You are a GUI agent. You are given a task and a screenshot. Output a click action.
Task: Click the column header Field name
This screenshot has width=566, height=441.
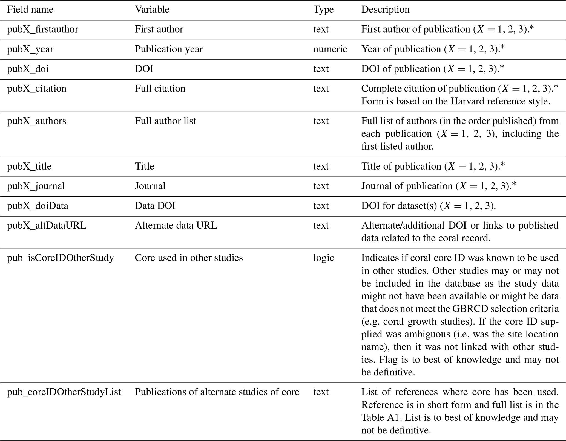coord(30,10)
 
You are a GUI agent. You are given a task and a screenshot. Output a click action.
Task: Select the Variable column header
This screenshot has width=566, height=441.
coord(152,10)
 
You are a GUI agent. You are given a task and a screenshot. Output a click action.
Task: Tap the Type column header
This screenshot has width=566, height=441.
coord(323,10)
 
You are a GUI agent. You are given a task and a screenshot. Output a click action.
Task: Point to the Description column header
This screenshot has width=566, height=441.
coord(385,10)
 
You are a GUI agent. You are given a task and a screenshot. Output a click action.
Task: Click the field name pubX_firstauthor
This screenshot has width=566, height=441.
coord(43,30)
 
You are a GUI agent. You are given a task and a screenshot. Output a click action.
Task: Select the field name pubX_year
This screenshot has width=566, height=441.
coord(30,49)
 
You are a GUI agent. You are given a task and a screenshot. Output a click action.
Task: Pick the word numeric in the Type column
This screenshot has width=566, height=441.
coord(330,49)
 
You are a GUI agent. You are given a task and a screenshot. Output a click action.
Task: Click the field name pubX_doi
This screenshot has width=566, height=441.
coord(28,69)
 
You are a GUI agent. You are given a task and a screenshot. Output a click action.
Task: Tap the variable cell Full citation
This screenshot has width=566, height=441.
coord(160,89)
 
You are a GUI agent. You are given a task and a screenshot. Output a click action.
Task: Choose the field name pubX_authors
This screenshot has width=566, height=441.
coord(37,121)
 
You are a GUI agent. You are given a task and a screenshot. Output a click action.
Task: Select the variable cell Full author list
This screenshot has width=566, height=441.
coord(165,121)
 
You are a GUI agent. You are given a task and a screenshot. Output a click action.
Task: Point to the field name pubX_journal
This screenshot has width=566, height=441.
coord(36,186)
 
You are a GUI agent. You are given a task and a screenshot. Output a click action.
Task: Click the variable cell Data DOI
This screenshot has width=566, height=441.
coord(155,206)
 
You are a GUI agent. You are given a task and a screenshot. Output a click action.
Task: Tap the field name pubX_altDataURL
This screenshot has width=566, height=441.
coord(47,226)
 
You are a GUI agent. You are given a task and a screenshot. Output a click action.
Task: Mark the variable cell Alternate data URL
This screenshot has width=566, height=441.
coord(176,226)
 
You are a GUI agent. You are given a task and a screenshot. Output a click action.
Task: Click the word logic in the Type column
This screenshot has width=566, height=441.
coord(323,258)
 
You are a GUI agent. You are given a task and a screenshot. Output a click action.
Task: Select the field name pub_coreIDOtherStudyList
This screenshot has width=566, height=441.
coord(64,392)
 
